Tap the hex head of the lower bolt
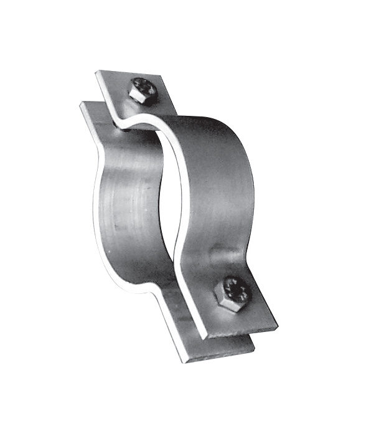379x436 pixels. (x=232, y=293)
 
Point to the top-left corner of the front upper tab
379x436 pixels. (x=97, y=74)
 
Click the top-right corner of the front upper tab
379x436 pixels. (x=162, y=77)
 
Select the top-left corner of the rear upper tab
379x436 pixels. (x=81, y=102)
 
